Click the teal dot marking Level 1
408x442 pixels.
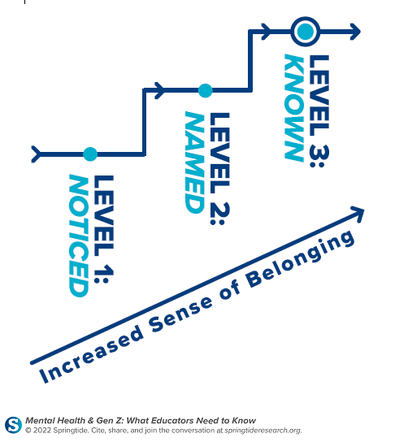[90, 154]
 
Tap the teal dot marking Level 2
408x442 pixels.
[205, 90]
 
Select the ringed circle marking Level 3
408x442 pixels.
[306, 32]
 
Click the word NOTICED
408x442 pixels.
[79, 236]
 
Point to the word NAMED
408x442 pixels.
[195, 162]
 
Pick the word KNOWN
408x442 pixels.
[294, 108]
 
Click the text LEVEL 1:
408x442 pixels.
[103, 229]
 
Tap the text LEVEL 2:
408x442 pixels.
[220, 168]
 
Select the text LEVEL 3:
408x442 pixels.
[319, 111]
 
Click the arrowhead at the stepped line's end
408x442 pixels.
[355, 32]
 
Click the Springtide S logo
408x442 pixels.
[13, 425]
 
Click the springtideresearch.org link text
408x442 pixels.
[263, 431]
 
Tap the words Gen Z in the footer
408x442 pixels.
[110, 421]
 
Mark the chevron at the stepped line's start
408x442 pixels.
[36, 154]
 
